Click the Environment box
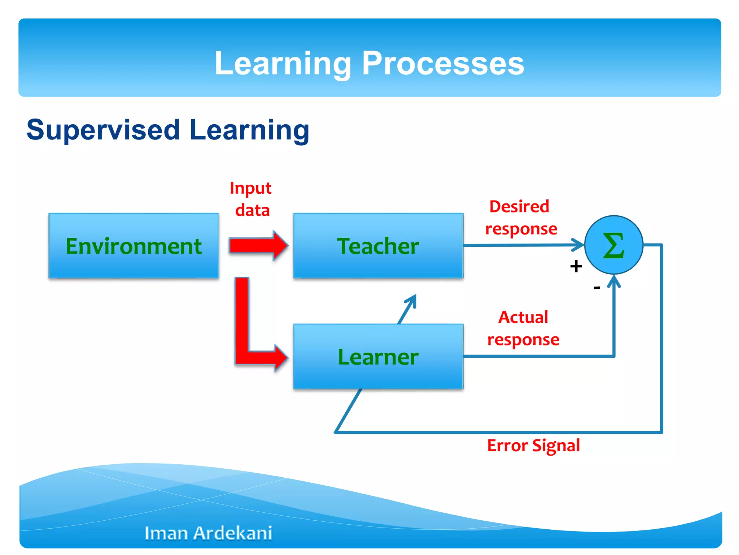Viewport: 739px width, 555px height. (134, 246)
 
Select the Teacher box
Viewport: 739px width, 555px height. (378, 246)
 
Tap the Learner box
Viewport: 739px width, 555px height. (378, 357)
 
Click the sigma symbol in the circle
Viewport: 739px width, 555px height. (613, 245)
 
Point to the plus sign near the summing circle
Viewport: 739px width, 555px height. (576, 266)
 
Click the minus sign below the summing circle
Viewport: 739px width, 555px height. (597, 288)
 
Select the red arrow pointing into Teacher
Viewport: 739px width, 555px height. (258, 246)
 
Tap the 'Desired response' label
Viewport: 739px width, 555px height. (520, 218)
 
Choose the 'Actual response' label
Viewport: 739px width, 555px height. (523, 328)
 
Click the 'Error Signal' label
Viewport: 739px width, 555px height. (533, 446)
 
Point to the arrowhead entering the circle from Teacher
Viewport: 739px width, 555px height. (578, 245)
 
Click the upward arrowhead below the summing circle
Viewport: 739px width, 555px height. (614, 281)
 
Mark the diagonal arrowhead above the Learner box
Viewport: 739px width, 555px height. (412, 300)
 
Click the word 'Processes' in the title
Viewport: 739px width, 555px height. (443, 63)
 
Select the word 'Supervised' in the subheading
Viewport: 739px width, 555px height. (103, 130)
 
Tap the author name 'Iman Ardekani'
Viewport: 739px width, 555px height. (208, 533)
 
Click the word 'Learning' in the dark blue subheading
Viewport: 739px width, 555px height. (249, 130)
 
